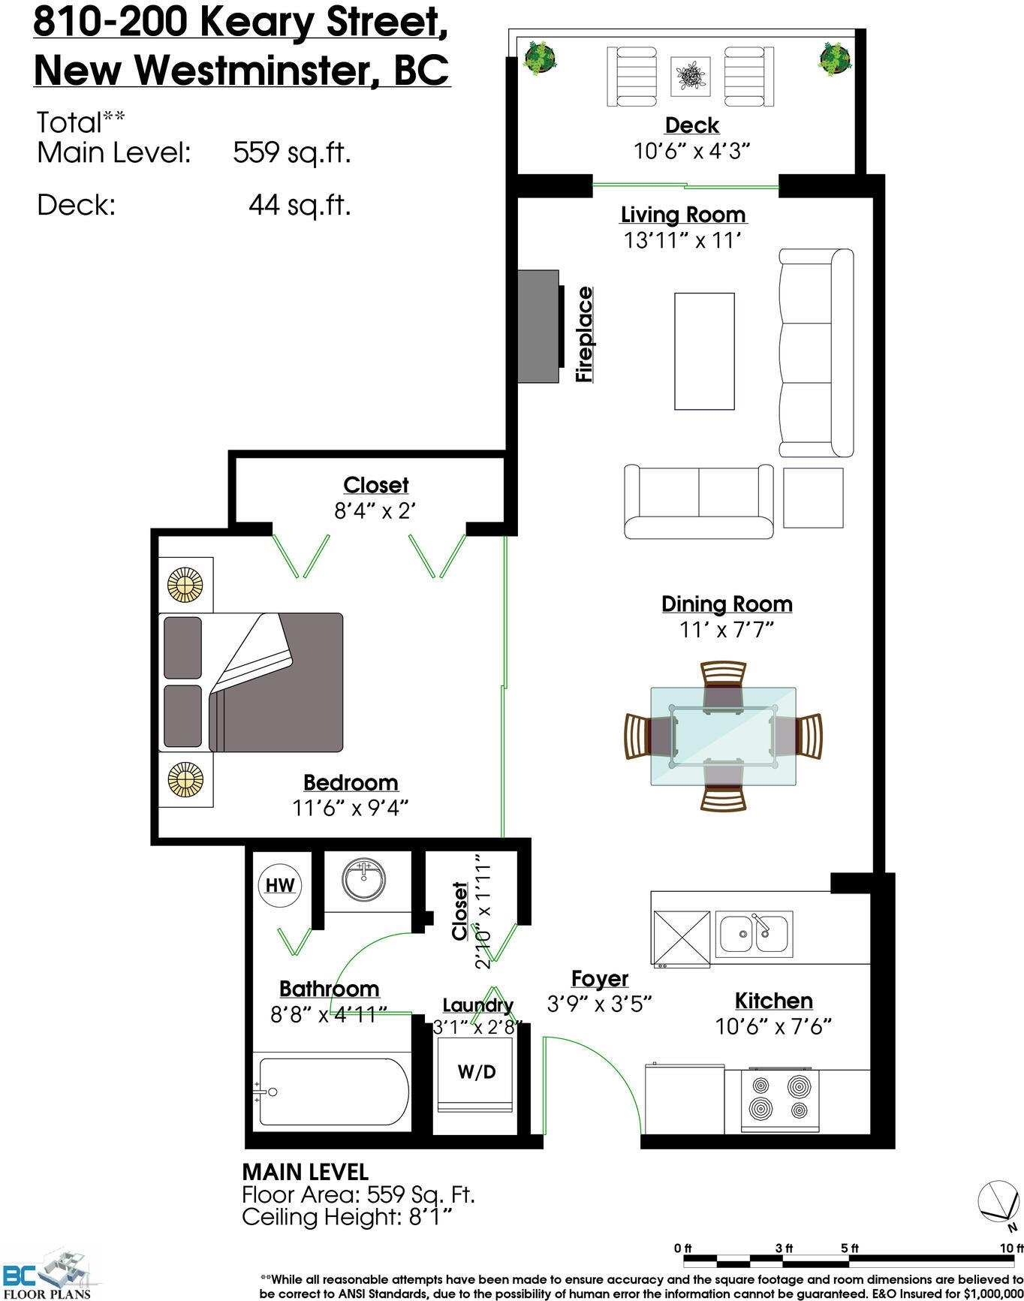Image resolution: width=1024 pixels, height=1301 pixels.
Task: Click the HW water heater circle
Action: click(x=280, y=884)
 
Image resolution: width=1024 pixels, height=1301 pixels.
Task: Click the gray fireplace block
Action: click(x=540, y=327)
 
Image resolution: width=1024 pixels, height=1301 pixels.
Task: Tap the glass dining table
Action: click(x=723, y=736)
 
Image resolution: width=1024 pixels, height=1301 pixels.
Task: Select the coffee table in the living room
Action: click(x=704, y=351)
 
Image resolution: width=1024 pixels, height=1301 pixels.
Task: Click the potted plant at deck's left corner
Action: click(x=541, y=58)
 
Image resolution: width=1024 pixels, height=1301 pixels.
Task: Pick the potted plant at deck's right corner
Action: click(x=834, y=58)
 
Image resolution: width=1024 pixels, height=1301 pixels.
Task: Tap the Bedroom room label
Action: click(x=351, y=782)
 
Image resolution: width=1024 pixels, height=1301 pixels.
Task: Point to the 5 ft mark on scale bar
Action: click(x=850, y=1248)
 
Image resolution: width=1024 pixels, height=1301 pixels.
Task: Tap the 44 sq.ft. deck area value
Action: click(x=300, y=204)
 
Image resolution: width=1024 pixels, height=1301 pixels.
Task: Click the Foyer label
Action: click(x=599, y=978)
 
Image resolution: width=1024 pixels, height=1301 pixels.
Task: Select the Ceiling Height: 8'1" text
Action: click(x=348, y=1216)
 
